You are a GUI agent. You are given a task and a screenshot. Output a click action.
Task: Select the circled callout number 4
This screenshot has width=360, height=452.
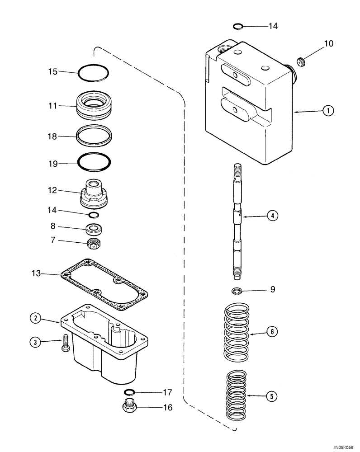pyautogui.click(x=272, y=216)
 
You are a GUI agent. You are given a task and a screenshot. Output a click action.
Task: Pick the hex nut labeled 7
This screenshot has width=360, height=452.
pyautogui.click(x=95, y=244)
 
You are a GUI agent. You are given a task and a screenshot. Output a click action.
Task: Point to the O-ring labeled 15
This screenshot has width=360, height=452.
pyautogui.click(x=93, y=72)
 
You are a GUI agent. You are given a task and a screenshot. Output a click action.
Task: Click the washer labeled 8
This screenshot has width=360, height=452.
pyautogui.click(x=95, y=229)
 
